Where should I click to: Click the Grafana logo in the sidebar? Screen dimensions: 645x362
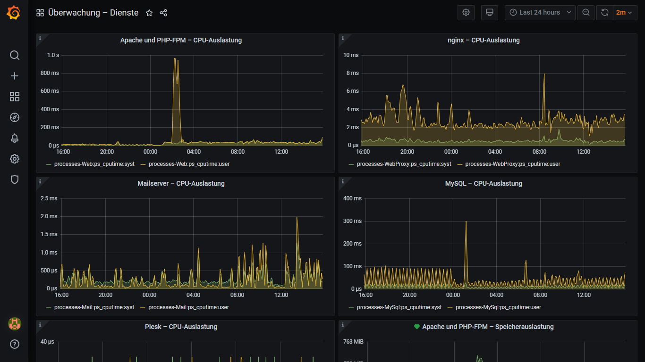14,13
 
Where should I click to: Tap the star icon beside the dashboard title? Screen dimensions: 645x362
149,13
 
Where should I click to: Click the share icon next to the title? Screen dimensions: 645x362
163,13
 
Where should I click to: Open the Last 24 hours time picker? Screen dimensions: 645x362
540,13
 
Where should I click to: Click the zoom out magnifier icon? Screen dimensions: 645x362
586,13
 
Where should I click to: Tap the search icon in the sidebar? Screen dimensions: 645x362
14,55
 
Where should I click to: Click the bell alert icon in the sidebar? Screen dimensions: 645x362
14,138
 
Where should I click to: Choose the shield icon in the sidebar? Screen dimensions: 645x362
14,180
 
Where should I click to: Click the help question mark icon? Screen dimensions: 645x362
14,344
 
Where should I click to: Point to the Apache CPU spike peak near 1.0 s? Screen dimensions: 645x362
175,58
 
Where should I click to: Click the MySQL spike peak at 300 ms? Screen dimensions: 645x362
466,222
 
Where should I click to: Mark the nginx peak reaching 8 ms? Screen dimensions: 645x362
544,74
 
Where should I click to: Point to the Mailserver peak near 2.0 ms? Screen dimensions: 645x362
297,218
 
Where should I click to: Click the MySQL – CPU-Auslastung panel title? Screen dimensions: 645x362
484,183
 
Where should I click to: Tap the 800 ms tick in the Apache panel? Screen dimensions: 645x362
50,73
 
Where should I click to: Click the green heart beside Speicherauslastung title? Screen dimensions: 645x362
416,327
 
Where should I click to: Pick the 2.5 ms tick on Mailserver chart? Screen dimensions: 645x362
49,198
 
